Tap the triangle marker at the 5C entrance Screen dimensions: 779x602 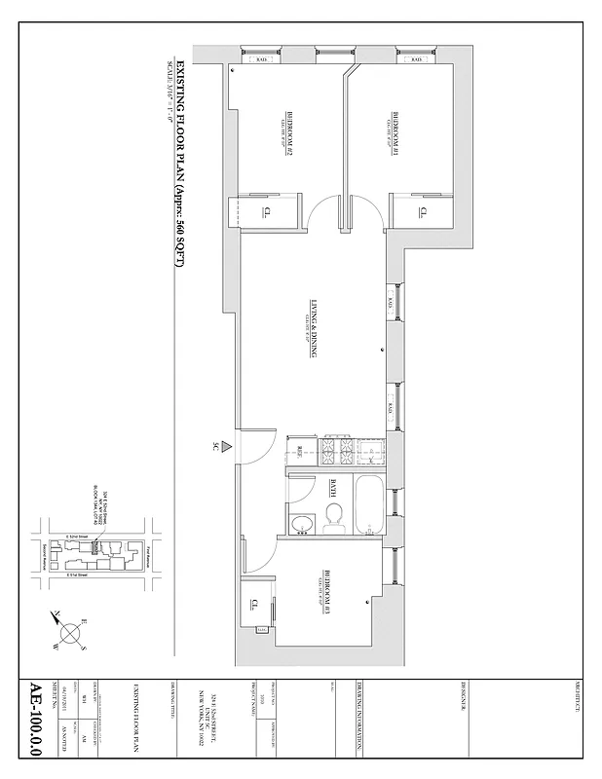225,447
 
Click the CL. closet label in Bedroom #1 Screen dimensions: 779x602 422,211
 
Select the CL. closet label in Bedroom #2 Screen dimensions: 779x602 266,211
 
